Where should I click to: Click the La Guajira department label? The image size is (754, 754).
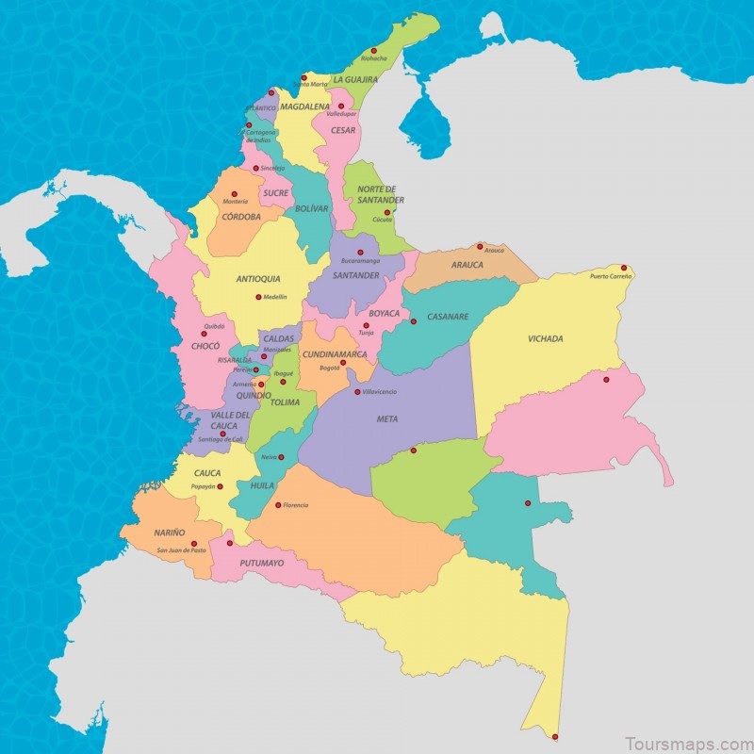[355, 80]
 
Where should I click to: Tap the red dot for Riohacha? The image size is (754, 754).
[373, 50]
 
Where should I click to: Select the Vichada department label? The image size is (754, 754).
[546, 338]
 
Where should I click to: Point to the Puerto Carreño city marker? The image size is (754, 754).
[623, 268]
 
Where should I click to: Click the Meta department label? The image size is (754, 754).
[386, 419]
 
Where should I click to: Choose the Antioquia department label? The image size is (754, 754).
[257, 279]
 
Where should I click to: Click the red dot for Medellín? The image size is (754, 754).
[258, 297]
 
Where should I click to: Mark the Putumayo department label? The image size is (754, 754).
[261, 564]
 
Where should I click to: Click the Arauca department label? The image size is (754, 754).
[467, 265]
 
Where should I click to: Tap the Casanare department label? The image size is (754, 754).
[448, 317]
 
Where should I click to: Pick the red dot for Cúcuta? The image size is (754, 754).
[386, 212]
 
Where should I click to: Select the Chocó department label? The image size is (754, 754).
[205, 347]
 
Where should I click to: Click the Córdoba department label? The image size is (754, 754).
[241, 217]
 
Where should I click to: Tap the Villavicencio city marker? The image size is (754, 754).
[357, 391]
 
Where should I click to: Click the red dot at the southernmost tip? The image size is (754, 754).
[555, 736]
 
